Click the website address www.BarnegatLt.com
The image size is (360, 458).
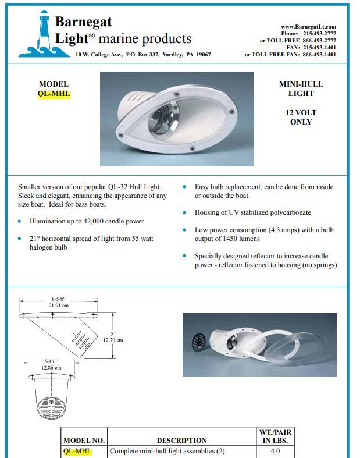click(308, 27)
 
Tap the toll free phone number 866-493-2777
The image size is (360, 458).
click(319, 41)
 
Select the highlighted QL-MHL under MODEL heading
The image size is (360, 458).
click(54, 94)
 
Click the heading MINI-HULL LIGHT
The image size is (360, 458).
click(301, 88)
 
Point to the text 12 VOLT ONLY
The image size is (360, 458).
click(301, 117)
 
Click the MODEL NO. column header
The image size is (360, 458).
click(84, 441)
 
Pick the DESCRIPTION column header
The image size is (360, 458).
click(181, 441)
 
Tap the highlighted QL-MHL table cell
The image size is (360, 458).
click(77, 451)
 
